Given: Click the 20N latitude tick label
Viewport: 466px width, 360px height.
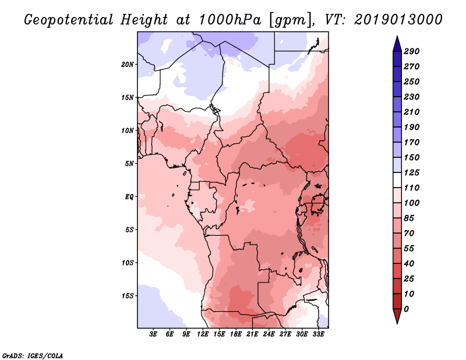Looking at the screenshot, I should pyautogui.click(x=128, y=64).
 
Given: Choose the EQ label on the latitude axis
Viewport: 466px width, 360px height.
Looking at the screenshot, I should pyautogui.click(x=129, y=196).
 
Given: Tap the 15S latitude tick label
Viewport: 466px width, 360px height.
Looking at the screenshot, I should pyautogui.click(x=128, y=295).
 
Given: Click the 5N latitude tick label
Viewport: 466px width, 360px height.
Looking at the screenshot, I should pyautogui.click(x=129, y=163).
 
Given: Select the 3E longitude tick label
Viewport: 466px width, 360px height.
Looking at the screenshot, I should pyautogui.click(x=154, y=334).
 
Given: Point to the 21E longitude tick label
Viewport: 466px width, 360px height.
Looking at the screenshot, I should pyautogui.click(x=253, y=334).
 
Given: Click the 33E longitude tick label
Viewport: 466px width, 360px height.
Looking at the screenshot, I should pyautogui.click(x=319, y=334).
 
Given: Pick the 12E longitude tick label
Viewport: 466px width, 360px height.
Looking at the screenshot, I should pyautogui.click(x=203, y=334).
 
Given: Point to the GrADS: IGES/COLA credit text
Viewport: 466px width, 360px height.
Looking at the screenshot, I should pyautogui.click(x=32, y=355).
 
